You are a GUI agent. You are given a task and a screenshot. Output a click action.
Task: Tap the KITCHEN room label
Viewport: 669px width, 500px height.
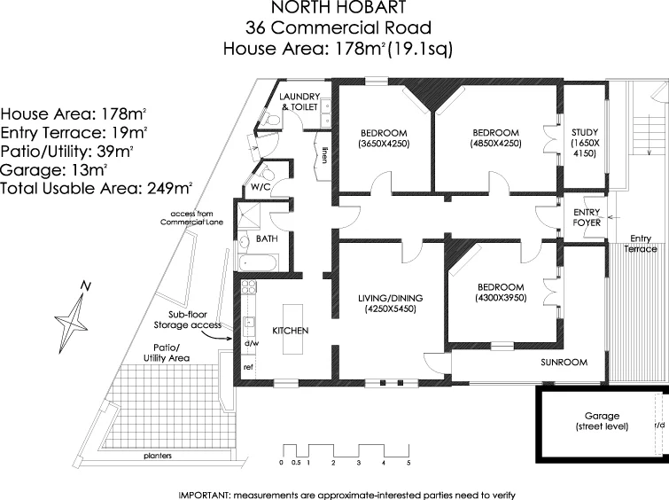pos(290,330)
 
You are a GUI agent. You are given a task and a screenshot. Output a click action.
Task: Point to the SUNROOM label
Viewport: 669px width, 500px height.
pos(565,363)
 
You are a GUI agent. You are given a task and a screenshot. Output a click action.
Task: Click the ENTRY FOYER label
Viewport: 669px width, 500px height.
pos(587,217)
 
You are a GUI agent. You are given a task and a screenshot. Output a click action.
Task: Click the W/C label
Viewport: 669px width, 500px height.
pos(261,187)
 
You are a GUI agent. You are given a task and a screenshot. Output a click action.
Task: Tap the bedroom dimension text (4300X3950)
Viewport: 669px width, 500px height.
pos(501,299)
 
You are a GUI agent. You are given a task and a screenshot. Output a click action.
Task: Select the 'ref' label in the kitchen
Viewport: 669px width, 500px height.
pos(249,365)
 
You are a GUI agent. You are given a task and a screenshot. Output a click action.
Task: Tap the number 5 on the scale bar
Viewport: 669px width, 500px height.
pos(408,463)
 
